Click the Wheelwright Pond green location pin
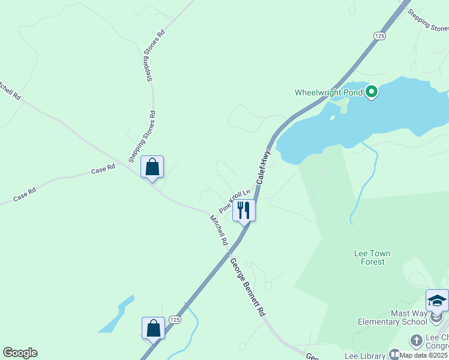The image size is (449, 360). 372,92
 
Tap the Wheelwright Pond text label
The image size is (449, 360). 330,92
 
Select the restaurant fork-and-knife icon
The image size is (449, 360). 244,211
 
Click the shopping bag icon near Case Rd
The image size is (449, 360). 152,167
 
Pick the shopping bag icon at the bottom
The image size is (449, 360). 153,328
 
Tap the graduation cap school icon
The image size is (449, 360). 437,300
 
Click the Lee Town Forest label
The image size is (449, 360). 372,257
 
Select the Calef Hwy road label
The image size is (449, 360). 264,167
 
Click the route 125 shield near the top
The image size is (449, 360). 379,37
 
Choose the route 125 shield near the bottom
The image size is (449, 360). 174,319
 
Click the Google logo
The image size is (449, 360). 20,353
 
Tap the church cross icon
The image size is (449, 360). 416,341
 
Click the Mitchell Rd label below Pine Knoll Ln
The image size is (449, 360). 218,230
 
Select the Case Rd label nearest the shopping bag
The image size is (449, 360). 103,170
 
